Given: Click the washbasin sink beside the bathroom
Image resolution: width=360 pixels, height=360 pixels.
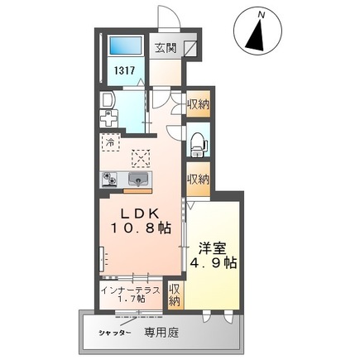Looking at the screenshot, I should pos(107,101).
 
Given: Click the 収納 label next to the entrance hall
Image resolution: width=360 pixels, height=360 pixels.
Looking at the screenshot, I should pos(197,104).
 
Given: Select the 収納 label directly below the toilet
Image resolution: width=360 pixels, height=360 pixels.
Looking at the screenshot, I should pos(197,179).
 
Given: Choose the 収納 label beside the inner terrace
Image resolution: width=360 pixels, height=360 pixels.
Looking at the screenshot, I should pos(175,295).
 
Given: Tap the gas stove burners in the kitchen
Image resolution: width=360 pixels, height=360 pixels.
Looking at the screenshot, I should pos(109,178).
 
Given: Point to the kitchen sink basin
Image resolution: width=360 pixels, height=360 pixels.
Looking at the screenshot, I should pos(138,179).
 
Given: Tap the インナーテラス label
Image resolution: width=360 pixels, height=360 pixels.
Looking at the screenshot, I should pos(128,290).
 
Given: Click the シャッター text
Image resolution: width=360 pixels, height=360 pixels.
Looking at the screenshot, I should pos(116,332).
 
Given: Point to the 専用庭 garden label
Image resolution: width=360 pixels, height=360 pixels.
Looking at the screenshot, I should pos(161,332).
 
